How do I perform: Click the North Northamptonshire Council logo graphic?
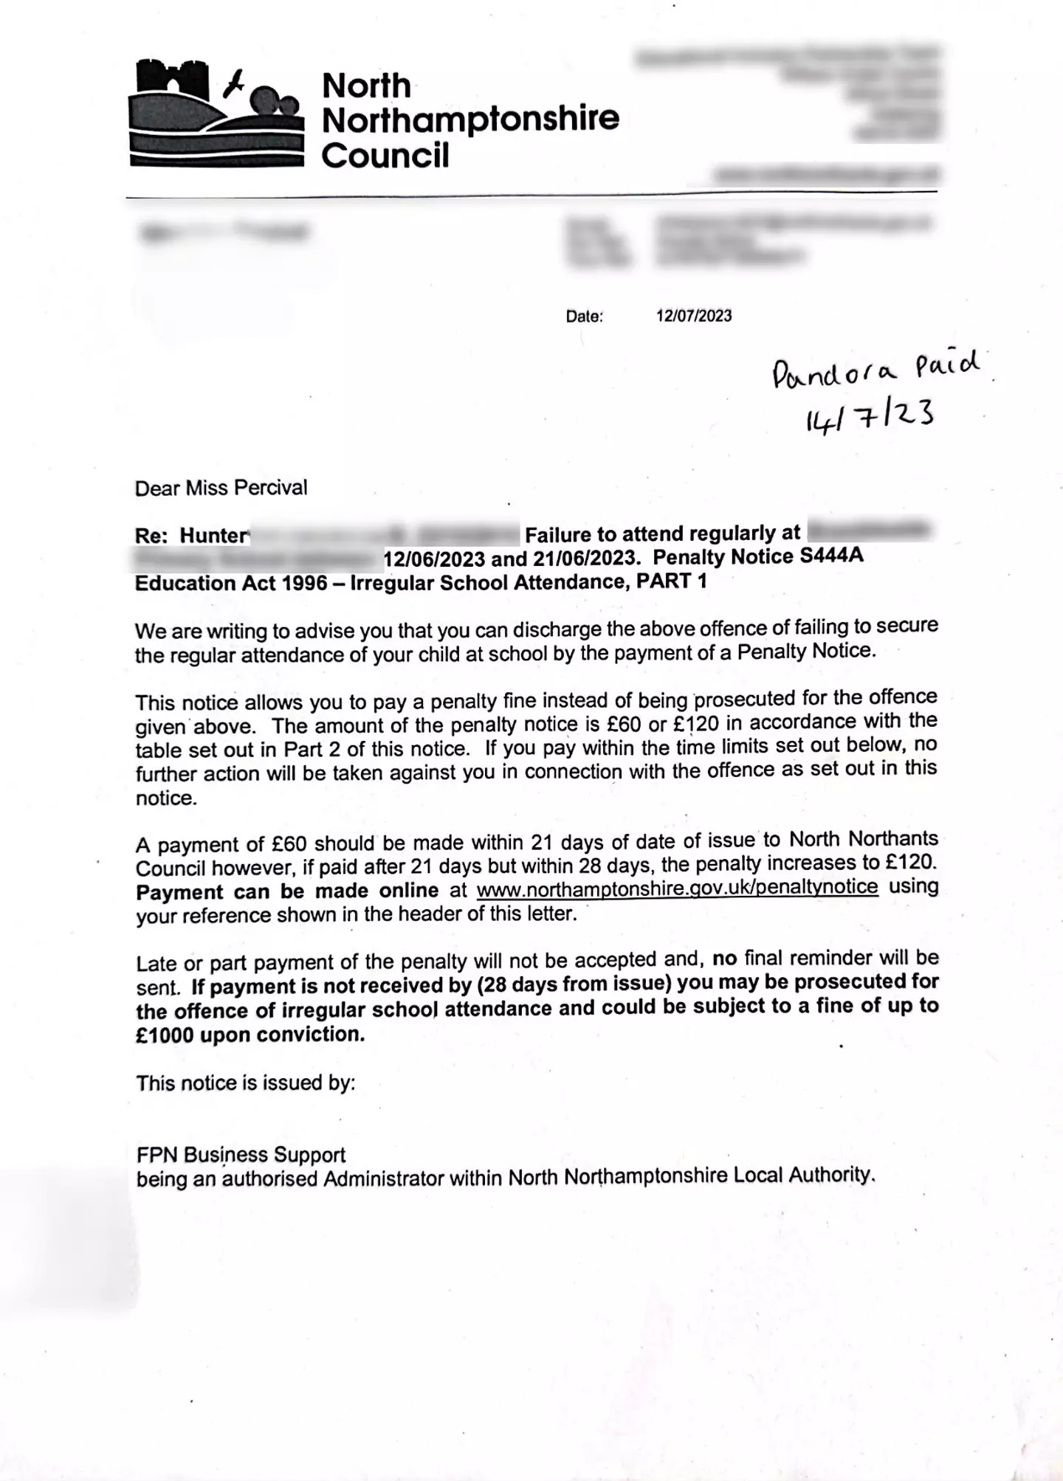click(216, 114)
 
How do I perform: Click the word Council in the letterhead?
click(385, 156)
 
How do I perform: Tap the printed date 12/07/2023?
click(694, 316)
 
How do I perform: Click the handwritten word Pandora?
click(834, 373)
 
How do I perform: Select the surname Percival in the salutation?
click(273, 488)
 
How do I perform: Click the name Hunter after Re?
click(215, 536)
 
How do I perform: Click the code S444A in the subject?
click(831, 555)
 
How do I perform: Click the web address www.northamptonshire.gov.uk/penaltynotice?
click(677, 887)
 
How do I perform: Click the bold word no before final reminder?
click(724, 959)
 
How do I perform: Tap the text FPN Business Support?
click(241, 1154)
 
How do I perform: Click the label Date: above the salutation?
click(584, 317)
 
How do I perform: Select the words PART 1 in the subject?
click(672, 581)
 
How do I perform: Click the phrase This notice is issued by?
click(246, 1083)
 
